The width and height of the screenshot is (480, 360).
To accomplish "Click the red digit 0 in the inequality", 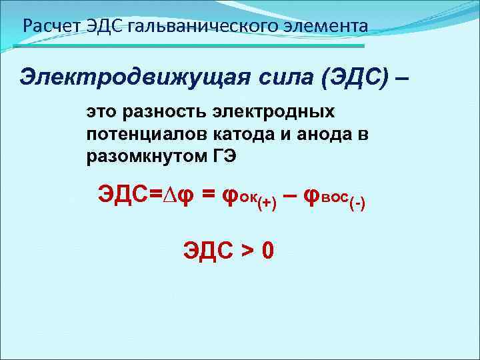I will [x=268, y=251].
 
